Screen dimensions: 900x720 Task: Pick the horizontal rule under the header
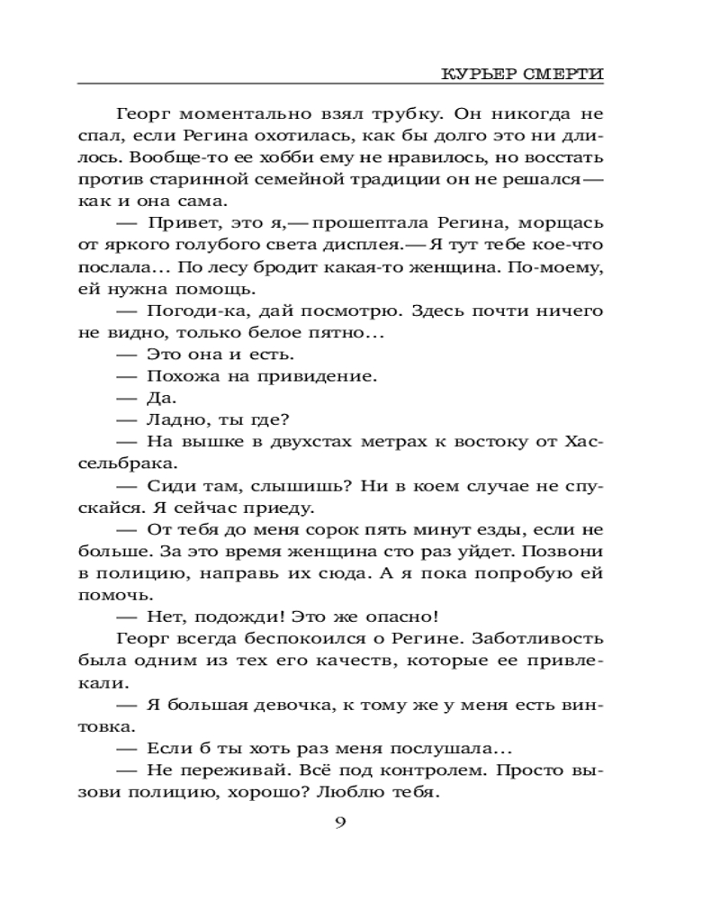(341, 85)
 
